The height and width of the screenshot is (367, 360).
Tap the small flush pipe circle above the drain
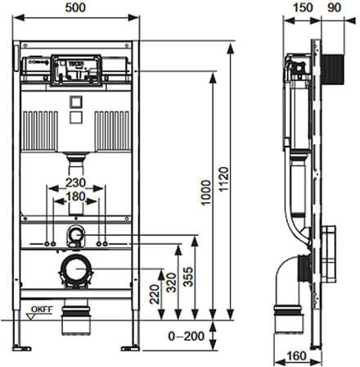click(x=76, y=234)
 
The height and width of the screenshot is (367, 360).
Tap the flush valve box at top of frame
click(x=75, y=66)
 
